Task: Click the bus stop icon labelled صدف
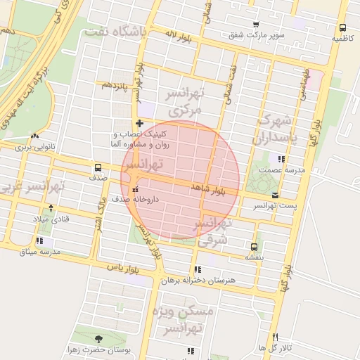pyautogui.click(x=97, y=168)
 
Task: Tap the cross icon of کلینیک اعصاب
pyautogui.click(x=139, y=124)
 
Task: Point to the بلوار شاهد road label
pyautogui.click(x=209, y=188)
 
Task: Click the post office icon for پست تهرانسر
pyautogui.click(x=274, y=195)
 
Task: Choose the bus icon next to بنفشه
pyautogui.click(x=254, y=246)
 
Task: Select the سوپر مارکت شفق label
pyautogui.click(x=255, y=34)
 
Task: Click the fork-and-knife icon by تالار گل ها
pyautogui.click(x=275, y=337)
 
